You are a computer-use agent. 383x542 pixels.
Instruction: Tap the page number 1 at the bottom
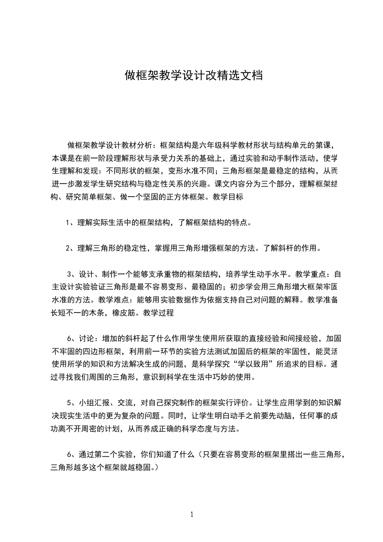pyautogui.click(x=192, y=514)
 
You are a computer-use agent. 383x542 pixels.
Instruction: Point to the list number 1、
pyautogui.click(x=70, y=223)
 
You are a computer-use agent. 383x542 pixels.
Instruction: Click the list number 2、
pyautogui.click(x=70, y=249)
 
